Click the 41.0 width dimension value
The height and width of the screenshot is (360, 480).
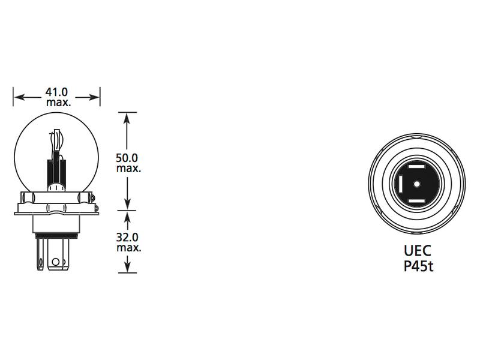[x=57, y=92]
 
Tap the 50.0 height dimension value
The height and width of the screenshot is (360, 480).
[x=127, y=158]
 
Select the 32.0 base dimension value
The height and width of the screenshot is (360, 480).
[x=128, y=237]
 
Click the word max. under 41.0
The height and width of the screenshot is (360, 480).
[x=58, y=103]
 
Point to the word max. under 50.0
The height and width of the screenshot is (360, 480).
[x=128, y=169]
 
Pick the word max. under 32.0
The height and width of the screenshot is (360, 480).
[x=128, y=247]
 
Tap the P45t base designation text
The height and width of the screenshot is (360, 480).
[x=418, y=266]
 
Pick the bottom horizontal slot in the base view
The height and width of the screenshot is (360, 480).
[x=416, y=198]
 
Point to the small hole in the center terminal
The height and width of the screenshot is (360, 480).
[x=55, y=262]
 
